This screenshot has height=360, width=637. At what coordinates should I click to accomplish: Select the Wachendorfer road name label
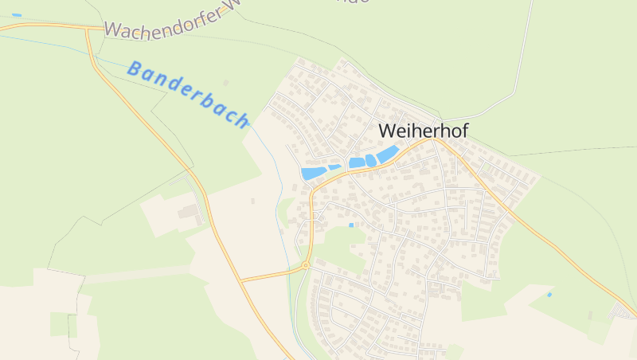171,25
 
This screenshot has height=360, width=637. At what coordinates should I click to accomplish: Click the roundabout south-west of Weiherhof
305,265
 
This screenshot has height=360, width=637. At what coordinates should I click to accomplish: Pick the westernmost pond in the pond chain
313,173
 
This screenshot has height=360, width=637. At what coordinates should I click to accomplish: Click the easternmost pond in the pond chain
387,155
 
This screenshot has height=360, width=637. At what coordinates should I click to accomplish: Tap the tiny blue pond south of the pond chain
351,225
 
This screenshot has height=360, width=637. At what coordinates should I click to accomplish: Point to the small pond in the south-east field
549,295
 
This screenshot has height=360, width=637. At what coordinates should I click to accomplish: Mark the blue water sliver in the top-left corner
17,15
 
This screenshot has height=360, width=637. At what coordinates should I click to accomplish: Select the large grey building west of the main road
189,211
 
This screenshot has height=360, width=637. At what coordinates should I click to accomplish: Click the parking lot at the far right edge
623,311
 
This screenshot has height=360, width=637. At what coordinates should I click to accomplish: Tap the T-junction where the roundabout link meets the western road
240,280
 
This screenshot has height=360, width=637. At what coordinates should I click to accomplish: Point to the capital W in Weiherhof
388,130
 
